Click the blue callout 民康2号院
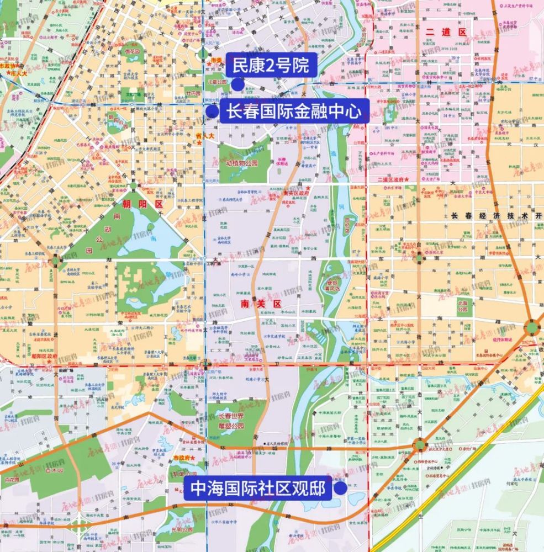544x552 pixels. tap(271, 66)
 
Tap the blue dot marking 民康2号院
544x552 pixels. tap(237, 84)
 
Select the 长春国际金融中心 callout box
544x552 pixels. tap(294, 111)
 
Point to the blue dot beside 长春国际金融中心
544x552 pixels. tap(212, 112)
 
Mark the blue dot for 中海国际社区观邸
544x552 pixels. tap(341, 489)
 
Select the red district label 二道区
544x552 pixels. tap(446, 32)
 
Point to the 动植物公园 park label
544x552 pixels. tap(241, 163)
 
